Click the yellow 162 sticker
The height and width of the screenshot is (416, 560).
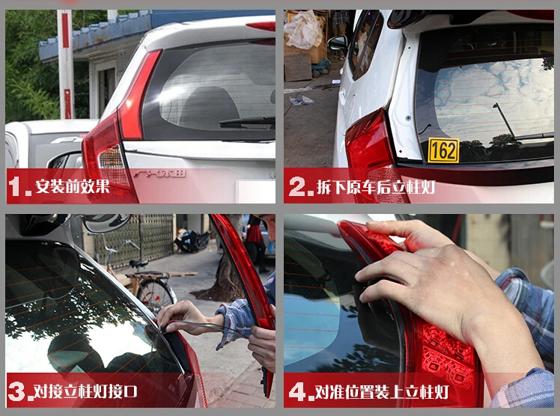(443, 150)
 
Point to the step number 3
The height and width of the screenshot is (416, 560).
(19, 391)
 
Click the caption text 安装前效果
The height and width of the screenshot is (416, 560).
(72, 186)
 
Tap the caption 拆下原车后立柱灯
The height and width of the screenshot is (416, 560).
(376, 186)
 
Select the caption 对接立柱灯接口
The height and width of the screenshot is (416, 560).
(85, 391)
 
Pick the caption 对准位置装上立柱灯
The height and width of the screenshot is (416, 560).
(381, 392)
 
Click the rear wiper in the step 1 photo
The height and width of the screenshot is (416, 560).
(247, 122)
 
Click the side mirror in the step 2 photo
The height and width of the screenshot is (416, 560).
(338, 43)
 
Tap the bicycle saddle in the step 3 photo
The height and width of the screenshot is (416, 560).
(139, 263)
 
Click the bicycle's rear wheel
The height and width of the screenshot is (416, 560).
(156, 294)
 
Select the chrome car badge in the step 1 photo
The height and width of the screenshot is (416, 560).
(160, 174)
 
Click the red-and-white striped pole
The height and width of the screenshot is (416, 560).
(66, 64)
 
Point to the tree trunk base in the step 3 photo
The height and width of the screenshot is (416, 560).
(219, 291)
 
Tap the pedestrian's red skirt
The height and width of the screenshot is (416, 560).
(255, 233)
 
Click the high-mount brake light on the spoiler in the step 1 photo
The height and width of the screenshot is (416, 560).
(261, 25)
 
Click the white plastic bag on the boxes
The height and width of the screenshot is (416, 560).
(303, 29)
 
